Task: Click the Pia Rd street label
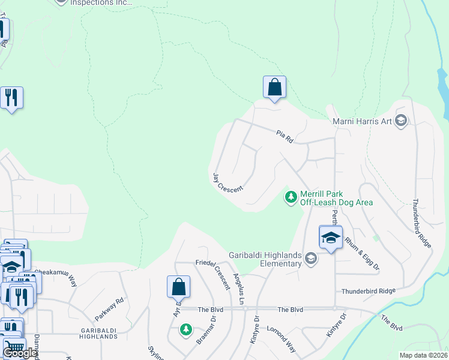(284, 136)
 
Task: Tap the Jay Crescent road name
(228, 182)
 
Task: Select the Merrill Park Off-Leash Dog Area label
(337, 198)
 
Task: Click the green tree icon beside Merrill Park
(291, 197)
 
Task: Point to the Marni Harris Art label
(362, 122)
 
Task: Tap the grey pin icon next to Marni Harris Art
(402, 122)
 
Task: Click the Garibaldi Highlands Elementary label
(265, 259)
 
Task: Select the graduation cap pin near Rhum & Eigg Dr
(330, 238)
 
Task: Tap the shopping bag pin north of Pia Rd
(274, 87)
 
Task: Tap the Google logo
(20, 353)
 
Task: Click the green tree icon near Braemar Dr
(186, 329)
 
